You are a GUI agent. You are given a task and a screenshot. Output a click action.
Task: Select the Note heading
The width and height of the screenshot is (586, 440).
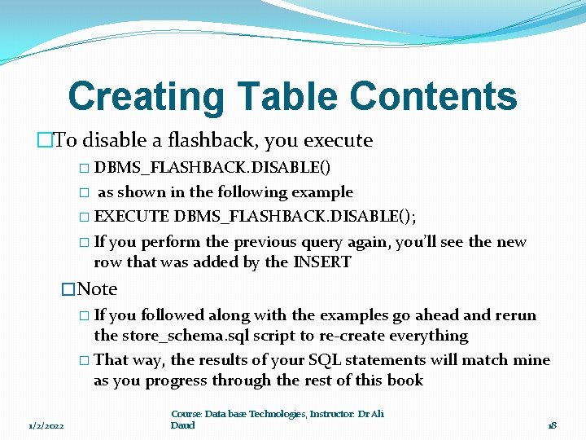click(96, 289)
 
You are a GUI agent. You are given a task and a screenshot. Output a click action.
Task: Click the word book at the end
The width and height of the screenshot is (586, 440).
click(406, 381)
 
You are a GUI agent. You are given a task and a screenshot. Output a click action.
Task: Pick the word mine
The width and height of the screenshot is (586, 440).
click(532, 360)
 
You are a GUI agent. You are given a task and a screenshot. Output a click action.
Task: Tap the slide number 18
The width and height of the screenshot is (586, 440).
click(552, 425)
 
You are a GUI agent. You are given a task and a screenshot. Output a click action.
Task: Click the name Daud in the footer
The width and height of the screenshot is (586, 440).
click(183, 425)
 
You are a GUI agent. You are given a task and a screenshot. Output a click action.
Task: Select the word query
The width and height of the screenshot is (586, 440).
click(324, 242)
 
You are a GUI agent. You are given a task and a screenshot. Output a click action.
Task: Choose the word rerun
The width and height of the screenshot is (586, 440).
click(514, 315)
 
